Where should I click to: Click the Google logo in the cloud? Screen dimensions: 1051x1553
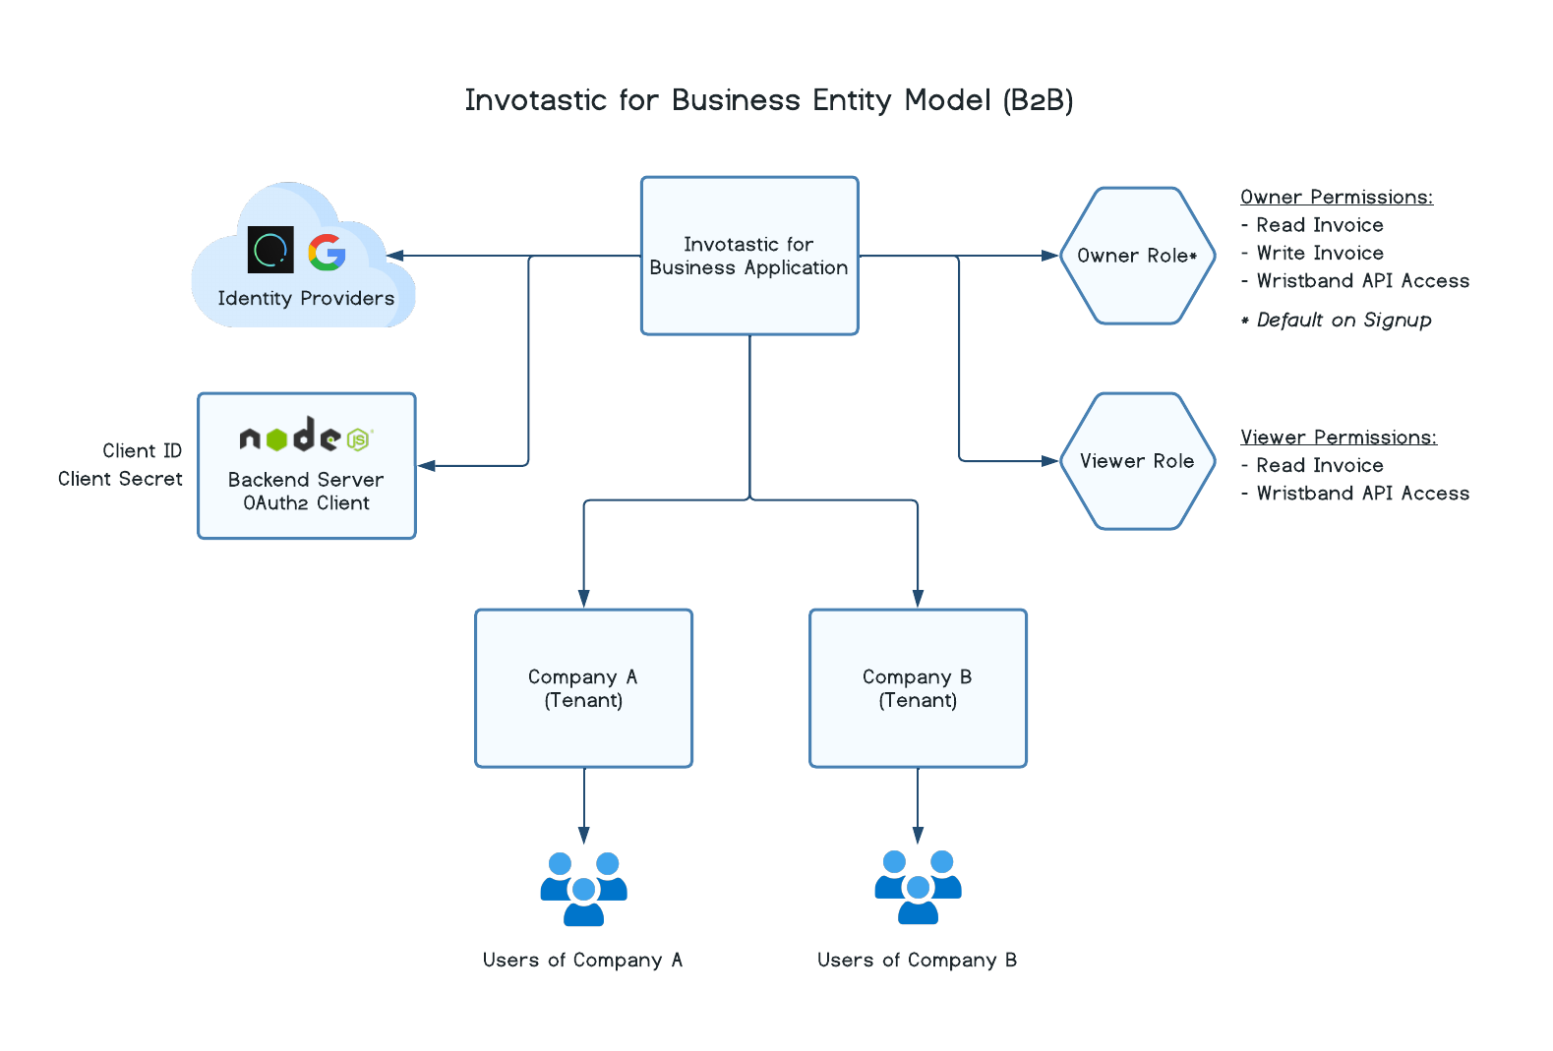[x=327, y=252]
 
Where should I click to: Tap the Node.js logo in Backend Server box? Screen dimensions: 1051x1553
[x=306, y=436]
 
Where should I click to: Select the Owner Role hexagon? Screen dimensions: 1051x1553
[x=1137, y=256]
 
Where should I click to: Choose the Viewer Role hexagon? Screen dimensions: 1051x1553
[x=1137, y=461]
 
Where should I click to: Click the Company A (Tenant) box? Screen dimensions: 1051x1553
[x=584, y=688]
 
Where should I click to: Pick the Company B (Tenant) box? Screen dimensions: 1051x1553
[x=918, y=688]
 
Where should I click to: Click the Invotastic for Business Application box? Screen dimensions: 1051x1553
[x=749, y=256]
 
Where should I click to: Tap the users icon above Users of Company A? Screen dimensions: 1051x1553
[x=584, y=889]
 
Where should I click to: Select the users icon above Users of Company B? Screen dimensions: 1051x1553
[x=918, y=888]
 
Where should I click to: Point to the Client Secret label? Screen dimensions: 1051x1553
[x=120, y=479]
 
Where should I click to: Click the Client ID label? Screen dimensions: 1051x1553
[x=142, y=450]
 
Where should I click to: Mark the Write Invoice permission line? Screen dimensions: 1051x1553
[x=1319, y=254]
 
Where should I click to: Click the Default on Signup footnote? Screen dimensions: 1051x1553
[x=1343, y=321]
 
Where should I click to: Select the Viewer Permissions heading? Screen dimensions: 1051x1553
[x=1338, y=438]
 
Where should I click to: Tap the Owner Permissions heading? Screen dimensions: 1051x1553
[x=1336, y=198]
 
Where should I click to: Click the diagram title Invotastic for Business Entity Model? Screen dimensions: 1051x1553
[x=768, y=100]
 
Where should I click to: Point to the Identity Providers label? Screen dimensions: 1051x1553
[x=306, y=299]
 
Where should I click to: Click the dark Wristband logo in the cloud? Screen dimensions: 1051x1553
[x=270, y=250]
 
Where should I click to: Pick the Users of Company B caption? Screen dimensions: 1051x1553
[x=917, y=961]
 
